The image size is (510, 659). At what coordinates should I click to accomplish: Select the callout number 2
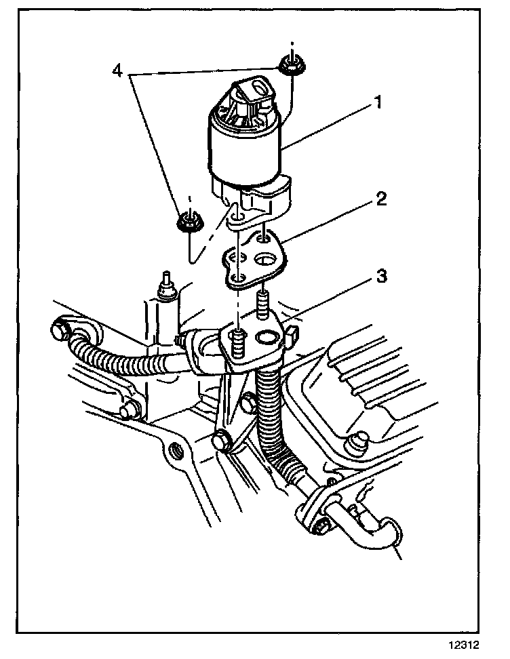tap(382, 199)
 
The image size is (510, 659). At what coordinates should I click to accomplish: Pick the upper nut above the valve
tap(290, 66)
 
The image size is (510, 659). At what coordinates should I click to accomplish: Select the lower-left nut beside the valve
tap(188, 222)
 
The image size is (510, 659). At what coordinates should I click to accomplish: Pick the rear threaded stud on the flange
tap(264, 302)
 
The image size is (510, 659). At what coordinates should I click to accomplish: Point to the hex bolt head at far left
tap(59, 332)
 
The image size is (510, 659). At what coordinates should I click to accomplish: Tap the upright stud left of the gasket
tap(164, 283)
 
